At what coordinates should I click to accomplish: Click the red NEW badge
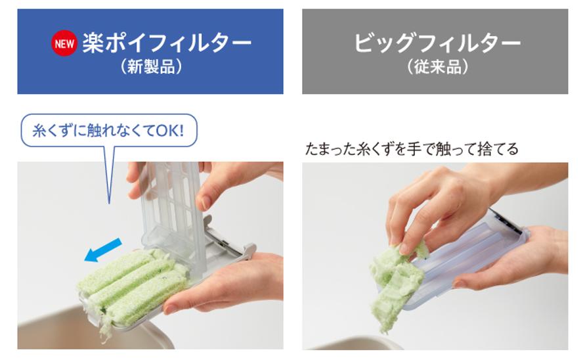[x=64, y=43]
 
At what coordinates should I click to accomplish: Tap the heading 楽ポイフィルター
[x=167, y=43]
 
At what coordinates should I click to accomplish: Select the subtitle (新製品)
[x=151, y=67]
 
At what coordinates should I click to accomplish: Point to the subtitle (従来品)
[x=437, y=67]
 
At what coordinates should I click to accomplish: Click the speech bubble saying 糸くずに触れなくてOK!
[x=109, y=130]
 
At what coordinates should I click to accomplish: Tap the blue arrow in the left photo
[x=103, y=250]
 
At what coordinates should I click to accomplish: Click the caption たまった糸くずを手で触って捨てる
[x=412, y=149]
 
